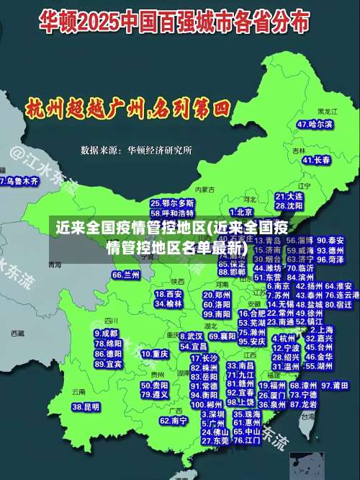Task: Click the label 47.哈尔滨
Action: [x=315, y=124]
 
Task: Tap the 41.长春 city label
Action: [x=315, y=159]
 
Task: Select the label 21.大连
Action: [x=289, y=196]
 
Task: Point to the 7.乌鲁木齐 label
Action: [x=19, y=182]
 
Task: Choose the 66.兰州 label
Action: [x=126, y=275]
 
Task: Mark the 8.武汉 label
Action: [x=191, y=336]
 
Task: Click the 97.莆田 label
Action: [x=335, y=386]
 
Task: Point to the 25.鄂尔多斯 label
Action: [x=172, y=203]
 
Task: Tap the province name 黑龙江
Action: [x=328, y=112]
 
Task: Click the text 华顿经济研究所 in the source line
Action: [x=160, y=151]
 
